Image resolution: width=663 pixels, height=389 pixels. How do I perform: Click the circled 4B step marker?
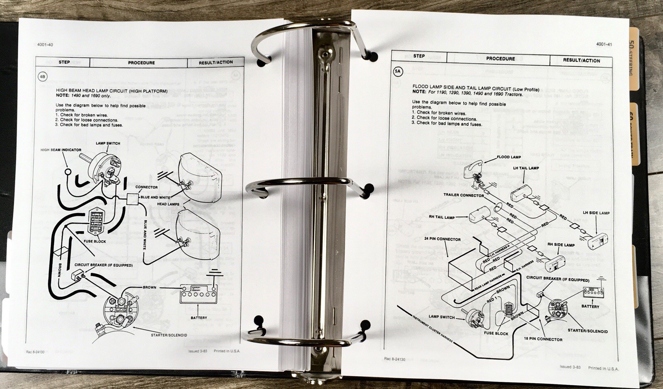[42, 76]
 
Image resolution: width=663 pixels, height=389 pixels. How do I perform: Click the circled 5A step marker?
[397, 71]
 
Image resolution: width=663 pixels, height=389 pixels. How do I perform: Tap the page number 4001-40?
[45, 45]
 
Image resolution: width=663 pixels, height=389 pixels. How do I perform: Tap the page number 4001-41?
[604, 44]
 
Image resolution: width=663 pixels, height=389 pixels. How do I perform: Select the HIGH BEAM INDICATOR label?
[61, 150]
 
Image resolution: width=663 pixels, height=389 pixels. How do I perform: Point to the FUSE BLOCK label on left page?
[95, 241]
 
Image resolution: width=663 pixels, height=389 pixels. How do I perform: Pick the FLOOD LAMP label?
[509, 157]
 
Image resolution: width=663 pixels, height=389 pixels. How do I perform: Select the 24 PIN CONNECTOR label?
[442, 239]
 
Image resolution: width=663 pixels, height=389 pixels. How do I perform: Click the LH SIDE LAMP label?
[596, 213]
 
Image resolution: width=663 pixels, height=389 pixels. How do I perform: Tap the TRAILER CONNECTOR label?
[463, 195]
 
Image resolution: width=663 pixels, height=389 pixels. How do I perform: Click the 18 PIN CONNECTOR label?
[543, 339]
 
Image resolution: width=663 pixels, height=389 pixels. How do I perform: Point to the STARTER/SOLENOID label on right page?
[588, 331]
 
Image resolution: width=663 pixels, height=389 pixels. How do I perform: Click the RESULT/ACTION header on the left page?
[215, 63]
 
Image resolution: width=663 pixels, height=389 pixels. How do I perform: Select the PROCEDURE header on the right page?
[500, 59]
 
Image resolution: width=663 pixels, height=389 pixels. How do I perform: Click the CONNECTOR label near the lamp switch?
[146, 187]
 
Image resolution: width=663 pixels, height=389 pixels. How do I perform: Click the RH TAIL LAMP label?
[441, 217]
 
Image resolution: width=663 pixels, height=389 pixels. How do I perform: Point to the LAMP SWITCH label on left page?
[108, 143]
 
